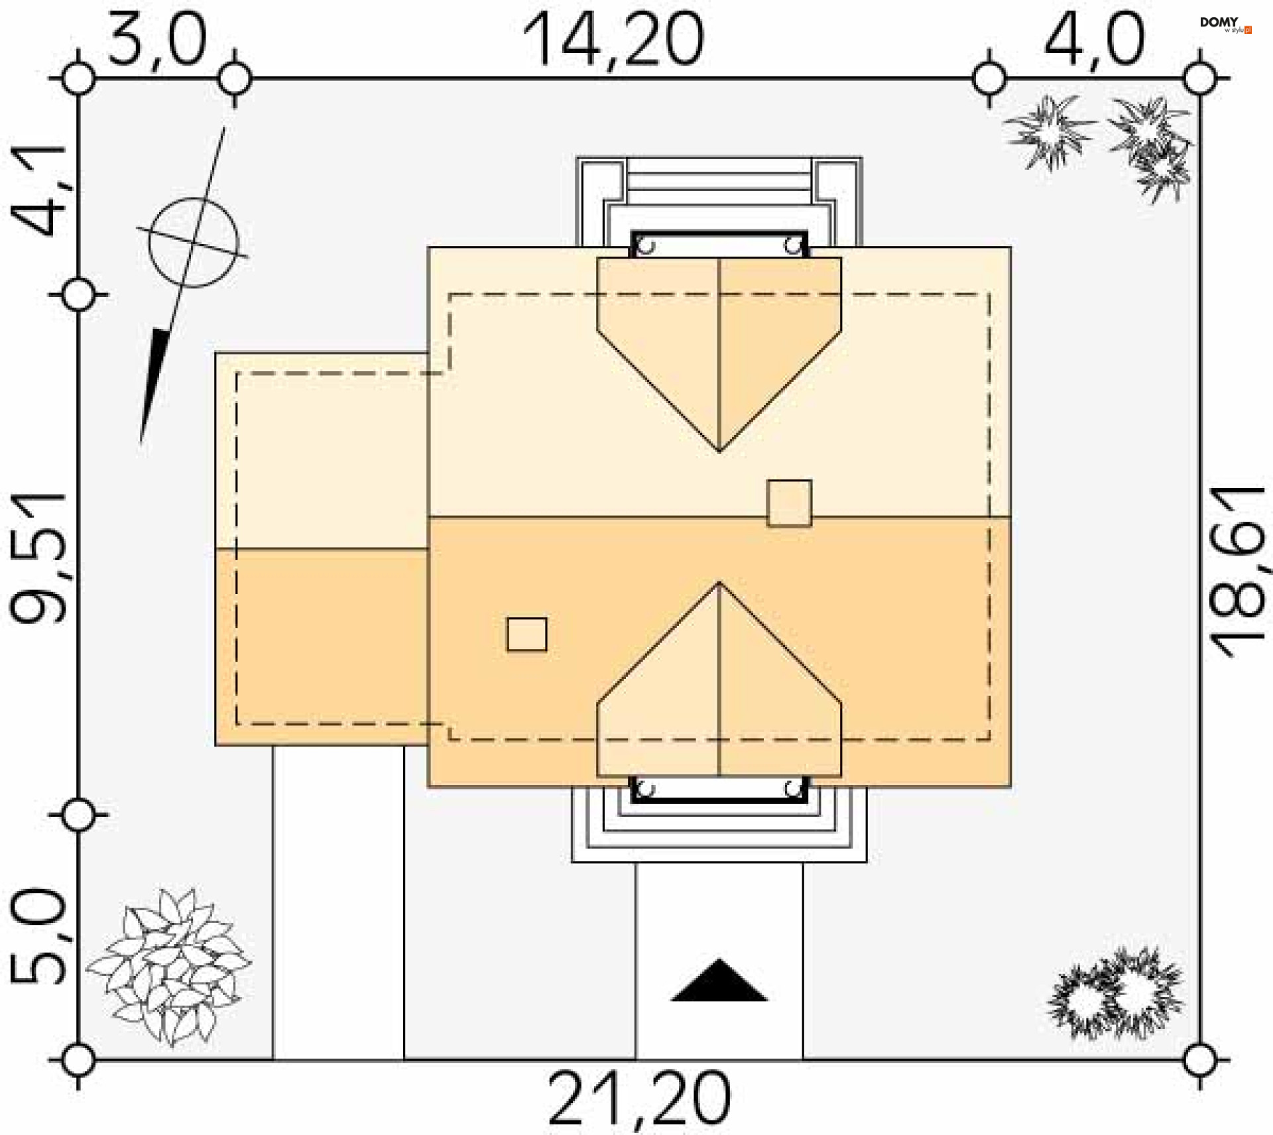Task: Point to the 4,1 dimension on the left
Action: tap(40, 190)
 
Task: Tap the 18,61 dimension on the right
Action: tap(1237, 572)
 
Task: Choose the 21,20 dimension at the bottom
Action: tap(640, 1099)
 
